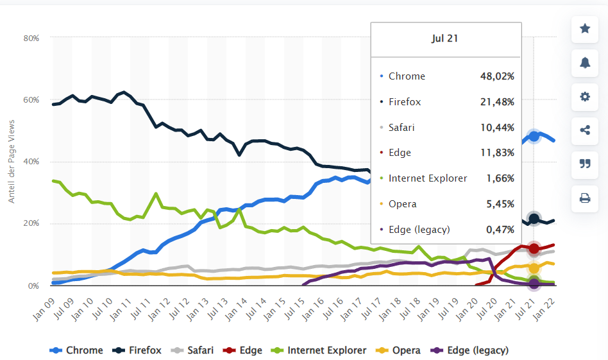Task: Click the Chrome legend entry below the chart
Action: [77, 350]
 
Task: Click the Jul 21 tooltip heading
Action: [445, 39]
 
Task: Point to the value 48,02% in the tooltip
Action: [497, 76]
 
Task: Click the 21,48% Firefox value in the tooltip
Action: [497, 101]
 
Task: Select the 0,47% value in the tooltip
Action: [500, 229]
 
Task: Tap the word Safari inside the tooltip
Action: [401, 127]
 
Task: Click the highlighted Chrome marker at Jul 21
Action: [534, 136]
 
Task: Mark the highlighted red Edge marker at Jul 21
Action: [534, 248]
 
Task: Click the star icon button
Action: [585, 29]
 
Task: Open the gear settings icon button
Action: [585, 96]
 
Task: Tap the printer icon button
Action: [585, 198]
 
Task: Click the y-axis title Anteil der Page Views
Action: [12, 161]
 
